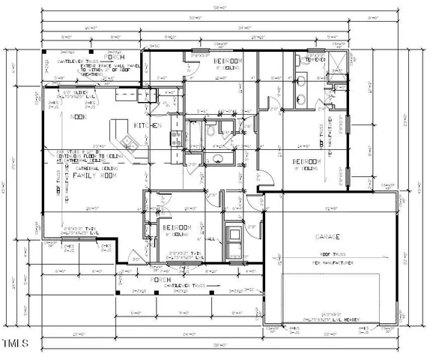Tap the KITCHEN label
point(148,125)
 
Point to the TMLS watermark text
point(15,343)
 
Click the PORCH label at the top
point(114,56)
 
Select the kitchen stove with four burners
point(177,138)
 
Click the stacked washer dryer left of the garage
point(234,237)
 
